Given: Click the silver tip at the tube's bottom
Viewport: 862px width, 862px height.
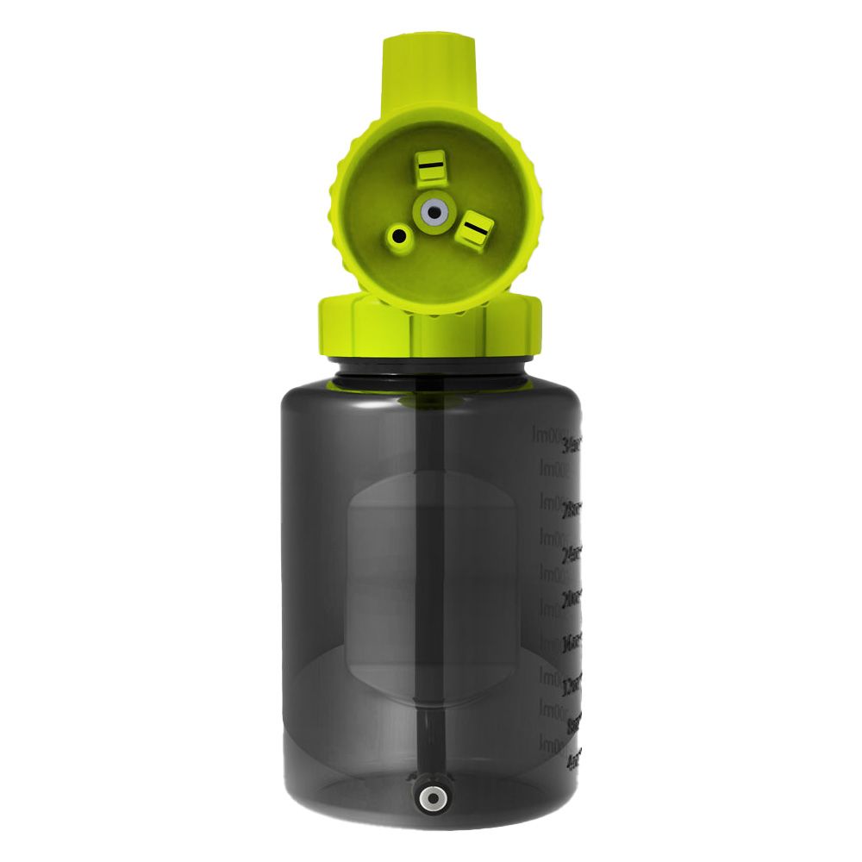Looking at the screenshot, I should coord(429,798).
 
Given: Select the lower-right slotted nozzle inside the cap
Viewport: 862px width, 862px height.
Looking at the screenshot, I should coord(474,230).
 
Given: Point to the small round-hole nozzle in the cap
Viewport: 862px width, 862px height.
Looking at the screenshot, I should coord(399,235).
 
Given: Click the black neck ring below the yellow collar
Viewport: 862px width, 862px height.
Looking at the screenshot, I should coord(429,367).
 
